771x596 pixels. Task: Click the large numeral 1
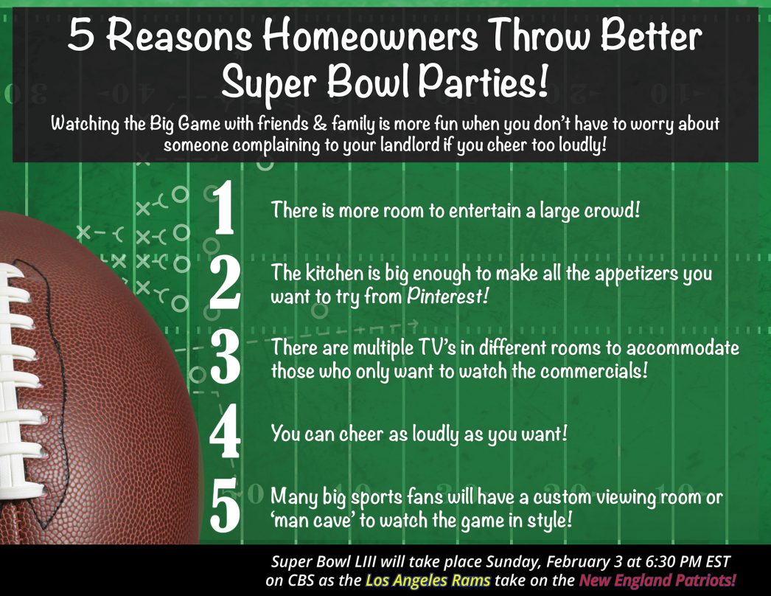[224, 209]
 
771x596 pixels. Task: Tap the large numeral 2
[224, 282]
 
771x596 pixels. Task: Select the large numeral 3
[224, 357]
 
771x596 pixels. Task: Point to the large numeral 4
[224, 433]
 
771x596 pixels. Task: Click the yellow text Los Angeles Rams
[428, 580]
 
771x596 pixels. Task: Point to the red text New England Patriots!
[657, 580]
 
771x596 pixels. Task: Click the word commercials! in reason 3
[594, 370]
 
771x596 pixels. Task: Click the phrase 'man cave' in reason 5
[321, 519]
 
